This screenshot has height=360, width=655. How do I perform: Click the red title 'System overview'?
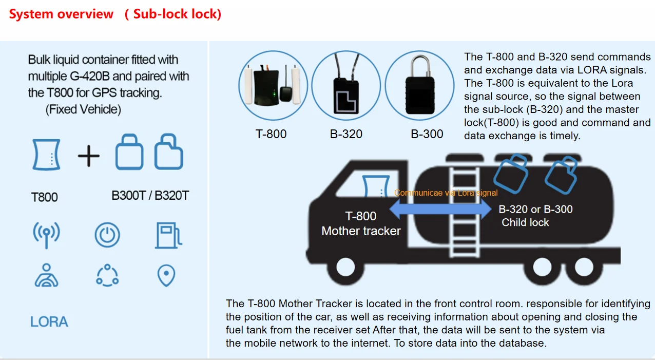61,14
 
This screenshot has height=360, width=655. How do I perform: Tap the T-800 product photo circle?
273,85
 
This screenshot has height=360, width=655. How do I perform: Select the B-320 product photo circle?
346,85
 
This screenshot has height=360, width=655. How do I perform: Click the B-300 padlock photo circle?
419,85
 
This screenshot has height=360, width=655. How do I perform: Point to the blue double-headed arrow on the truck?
440,209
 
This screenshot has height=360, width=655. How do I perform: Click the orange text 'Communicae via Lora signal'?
446,193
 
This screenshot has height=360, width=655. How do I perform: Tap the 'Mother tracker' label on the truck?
361,231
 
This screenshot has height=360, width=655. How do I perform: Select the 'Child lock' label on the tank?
525,222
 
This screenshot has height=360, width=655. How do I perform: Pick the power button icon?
107,235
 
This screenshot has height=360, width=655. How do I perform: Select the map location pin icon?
166,276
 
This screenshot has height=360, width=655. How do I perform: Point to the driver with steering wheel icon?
46,275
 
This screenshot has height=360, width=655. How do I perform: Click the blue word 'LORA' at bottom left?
49,322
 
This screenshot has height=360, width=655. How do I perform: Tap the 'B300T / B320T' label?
150,195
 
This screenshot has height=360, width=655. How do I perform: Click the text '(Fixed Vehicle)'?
83,109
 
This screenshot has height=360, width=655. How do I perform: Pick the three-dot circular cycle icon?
107,275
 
